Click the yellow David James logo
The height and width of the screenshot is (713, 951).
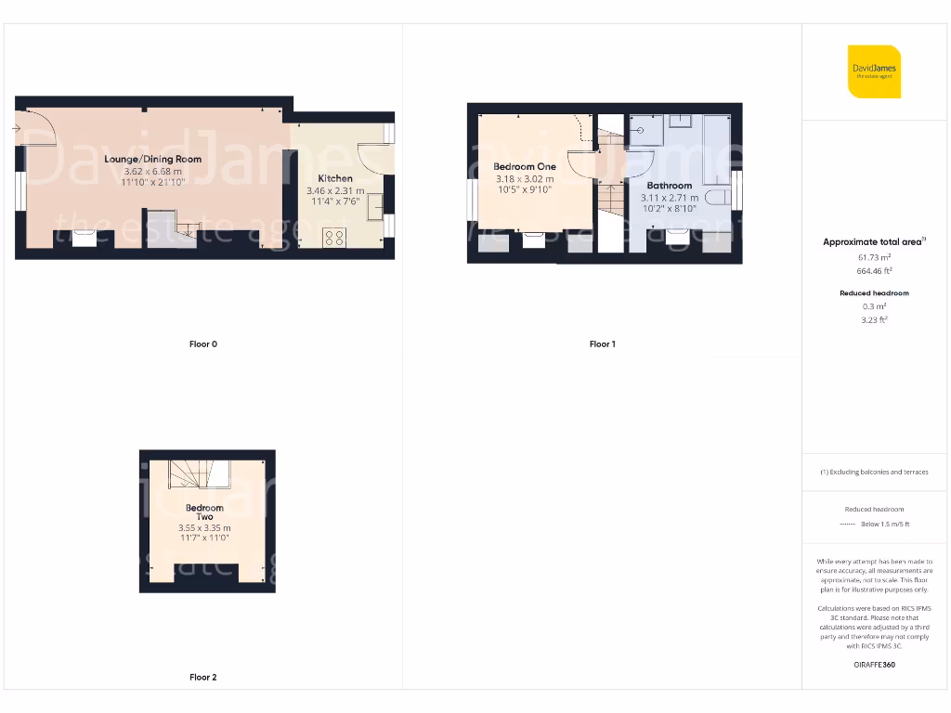(x=874, y=71)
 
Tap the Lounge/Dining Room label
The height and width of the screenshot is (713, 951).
(x=153, y=159)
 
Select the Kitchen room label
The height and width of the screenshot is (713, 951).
(x=335, y=178)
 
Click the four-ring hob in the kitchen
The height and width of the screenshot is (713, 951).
(x=334, y=238)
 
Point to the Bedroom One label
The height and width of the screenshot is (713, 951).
(x=525, y=166)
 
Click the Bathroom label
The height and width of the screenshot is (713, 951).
(x=669, y=186)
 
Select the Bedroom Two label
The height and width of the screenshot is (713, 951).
(x=204, y=512)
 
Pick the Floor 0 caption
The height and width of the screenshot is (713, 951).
(x=202, y=344)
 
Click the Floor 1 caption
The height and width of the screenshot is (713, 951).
(x=602, y=344)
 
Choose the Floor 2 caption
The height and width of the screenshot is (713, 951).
(x=202, y=678)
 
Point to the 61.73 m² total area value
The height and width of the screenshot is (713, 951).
(x=873, y=257)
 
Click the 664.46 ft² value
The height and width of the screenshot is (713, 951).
(x=873, y=271)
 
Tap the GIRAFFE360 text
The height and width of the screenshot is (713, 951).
(x=873, y=665)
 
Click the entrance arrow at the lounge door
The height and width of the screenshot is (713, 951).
(x=18, y=127)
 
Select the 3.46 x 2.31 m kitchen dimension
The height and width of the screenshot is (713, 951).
(x=335, y=191)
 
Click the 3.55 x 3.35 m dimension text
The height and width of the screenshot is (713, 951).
(x=204, y=528)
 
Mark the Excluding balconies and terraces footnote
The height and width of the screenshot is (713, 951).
(x=873, y=472)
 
